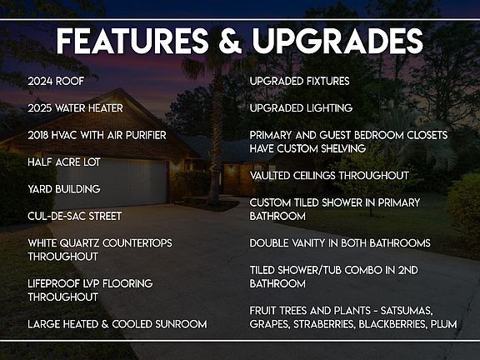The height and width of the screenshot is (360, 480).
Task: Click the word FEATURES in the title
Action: (132, 41)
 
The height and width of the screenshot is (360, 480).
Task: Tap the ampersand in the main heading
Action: (231, 41)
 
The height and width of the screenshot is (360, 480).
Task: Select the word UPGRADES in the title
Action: (337, 41)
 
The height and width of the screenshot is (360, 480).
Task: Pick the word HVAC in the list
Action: (64, 135)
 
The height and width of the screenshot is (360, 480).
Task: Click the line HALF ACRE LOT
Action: (64, 162)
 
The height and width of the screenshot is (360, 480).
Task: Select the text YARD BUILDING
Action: (64, 189)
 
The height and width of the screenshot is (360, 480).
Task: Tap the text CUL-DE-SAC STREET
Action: (75, 216)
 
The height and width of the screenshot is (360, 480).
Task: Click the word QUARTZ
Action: (79, 243)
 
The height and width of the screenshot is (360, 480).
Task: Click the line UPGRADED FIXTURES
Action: (299, 81)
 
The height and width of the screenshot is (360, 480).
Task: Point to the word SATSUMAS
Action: (407, 311)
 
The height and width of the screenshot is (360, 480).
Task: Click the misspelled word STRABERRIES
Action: (324, 324)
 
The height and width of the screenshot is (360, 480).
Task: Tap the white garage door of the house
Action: (112, 182)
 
